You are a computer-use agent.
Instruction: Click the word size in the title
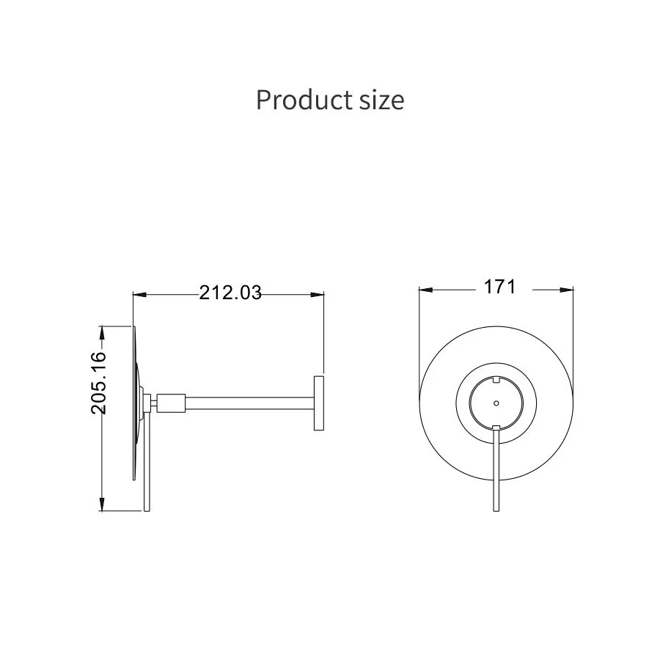coord(382,101)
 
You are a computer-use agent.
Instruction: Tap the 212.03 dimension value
coord(230,293)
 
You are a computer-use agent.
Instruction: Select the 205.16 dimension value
coord(98,383)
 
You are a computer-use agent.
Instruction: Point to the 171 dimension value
coord(499,287)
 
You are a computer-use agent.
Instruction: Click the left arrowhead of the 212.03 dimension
coord(139,295)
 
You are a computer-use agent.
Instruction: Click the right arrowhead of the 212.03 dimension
coord(318,295)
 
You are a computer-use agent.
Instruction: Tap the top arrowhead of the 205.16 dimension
coord(102,332)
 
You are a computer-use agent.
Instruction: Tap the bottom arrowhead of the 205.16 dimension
coord(102,505)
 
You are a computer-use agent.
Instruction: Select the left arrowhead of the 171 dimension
coord(426,290)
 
